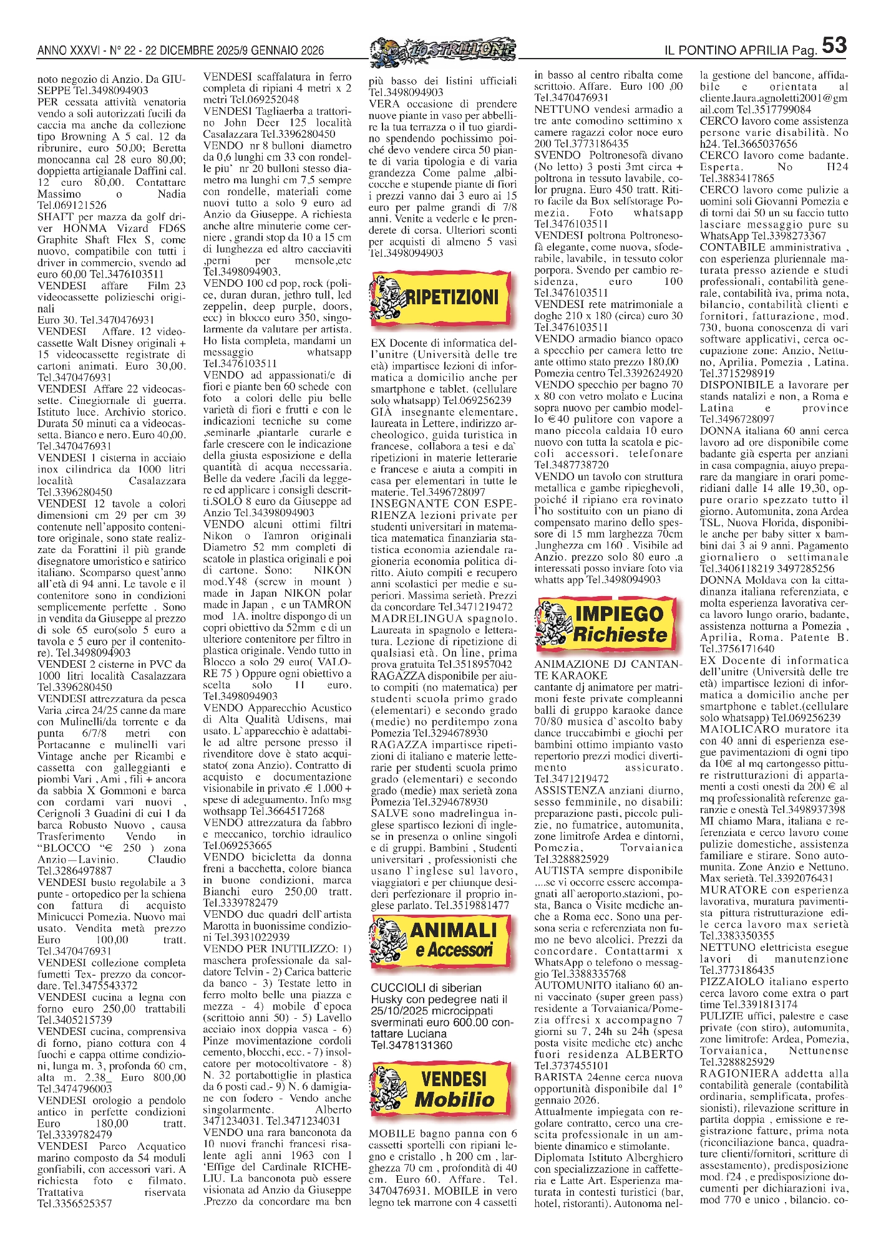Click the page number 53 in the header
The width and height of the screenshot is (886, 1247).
834,46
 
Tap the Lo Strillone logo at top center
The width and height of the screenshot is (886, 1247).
442,50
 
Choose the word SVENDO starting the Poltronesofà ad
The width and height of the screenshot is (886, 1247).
557,155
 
